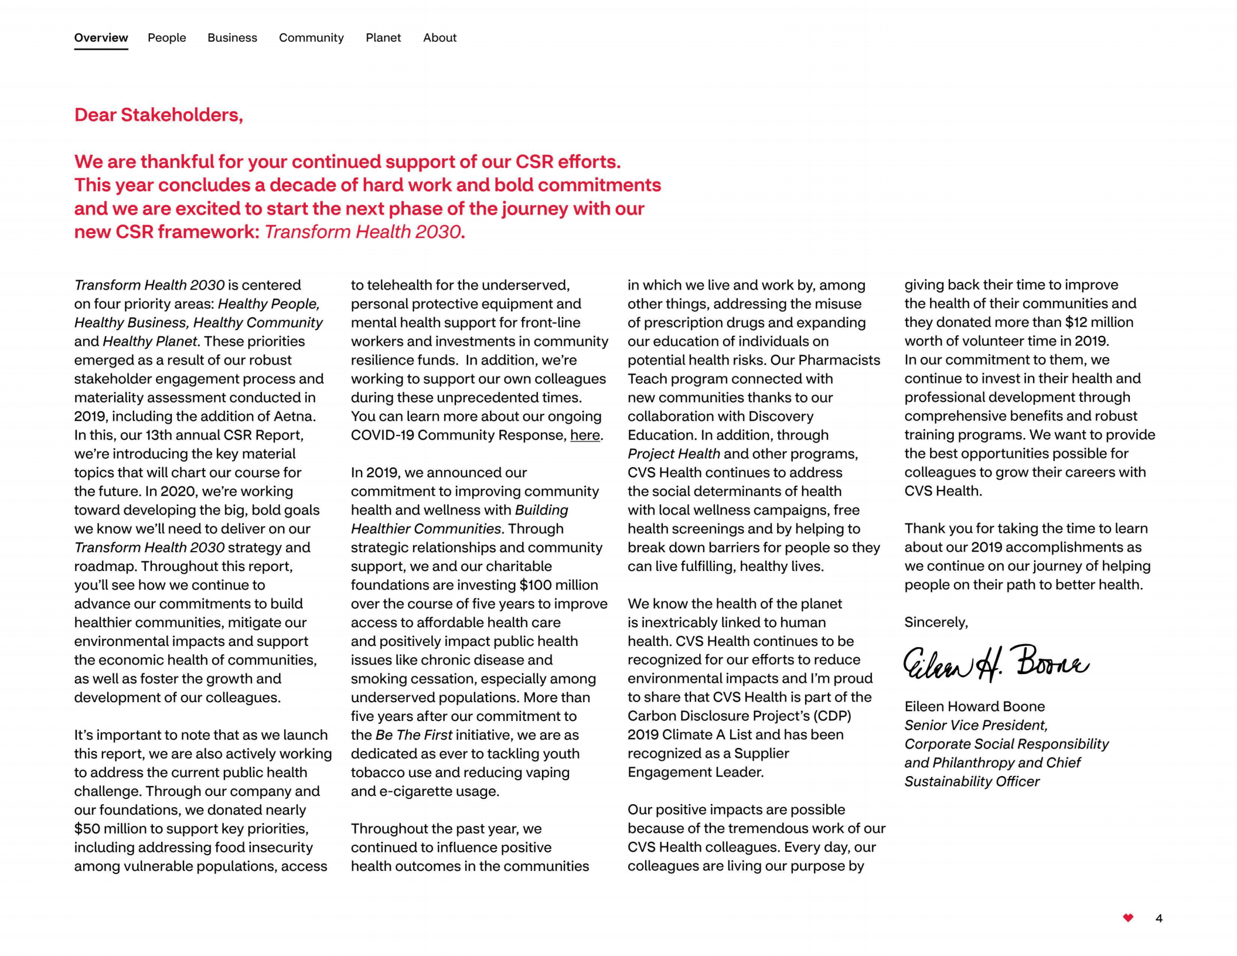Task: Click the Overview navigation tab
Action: coord(101,38)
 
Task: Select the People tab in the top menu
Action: coord(166,38)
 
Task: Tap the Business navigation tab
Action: coord(232,38)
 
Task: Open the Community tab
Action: coord(311,38)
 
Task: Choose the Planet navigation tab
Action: coord(383,38)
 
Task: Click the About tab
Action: coord(439,38)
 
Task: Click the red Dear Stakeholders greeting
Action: coord(158,115)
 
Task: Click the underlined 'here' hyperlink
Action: coord(585,435)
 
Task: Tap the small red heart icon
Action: coord(1127,918)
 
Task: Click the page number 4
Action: coord(1158,918)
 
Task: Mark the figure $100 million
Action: coord(558,585)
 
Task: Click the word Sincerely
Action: coord(936,622)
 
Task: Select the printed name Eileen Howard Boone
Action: coord(974,706)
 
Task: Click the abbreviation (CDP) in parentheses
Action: coord(832,716)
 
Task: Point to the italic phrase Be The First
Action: coord(414,735)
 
